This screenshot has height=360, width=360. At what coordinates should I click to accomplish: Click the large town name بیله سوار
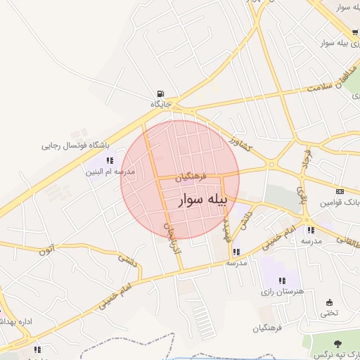pos(200,200)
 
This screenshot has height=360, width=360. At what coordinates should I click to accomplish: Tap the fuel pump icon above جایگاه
pos(161,94)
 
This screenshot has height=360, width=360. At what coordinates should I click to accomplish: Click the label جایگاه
pos(160,104)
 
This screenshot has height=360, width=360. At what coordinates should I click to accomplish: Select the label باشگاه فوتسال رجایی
pos(76,146)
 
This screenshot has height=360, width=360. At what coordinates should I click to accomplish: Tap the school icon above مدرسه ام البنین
pos(109,161)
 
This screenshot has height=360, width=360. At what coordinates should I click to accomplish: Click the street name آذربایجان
pos(171,239)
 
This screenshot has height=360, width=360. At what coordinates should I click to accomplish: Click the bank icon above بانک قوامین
pos(340,191)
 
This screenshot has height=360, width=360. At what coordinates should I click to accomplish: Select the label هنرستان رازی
pos(281,291)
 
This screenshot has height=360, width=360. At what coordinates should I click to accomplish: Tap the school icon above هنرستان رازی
pos(282,281)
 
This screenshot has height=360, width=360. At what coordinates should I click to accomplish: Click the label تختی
pos(330,313)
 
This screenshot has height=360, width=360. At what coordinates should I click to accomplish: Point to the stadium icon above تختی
pos(330,302)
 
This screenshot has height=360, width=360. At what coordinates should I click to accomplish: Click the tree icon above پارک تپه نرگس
pos(338,344)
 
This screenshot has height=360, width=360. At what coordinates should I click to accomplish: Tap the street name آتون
pos(46,250)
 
